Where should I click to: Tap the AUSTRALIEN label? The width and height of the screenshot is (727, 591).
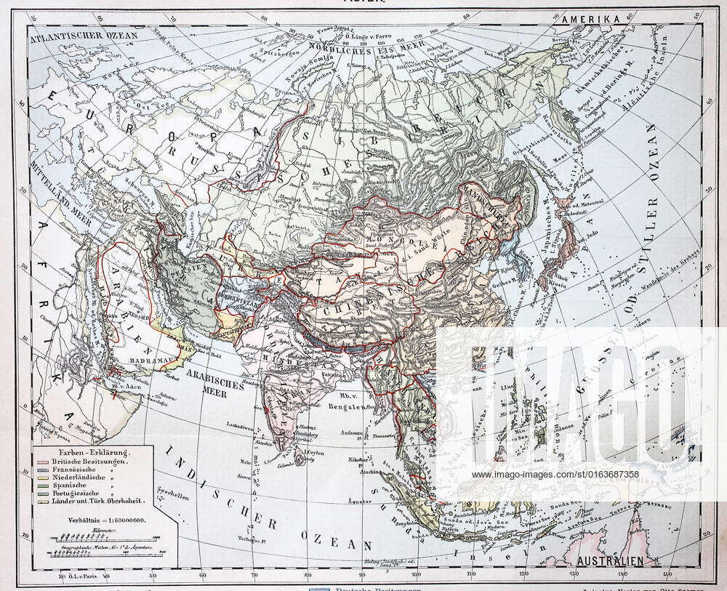(609, 560)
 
